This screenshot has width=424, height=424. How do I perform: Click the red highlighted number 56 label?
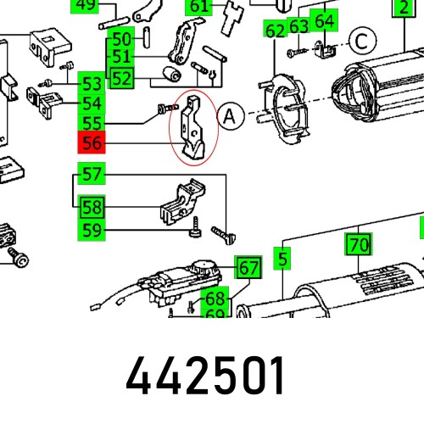tap(92, 143)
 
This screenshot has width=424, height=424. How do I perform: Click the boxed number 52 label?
tap(122, 78)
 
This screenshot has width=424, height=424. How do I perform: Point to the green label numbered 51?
tap(122, 58)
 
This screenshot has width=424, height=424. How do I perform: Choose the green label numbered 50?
tap(122, 38)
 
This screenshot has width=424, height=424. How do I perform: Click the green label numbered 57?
tap(92, 176)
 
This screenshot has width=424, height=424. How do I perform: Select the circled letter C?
tap(363, 40)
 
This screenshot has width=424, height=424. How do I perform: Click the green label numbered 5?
tap(282, 255)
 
